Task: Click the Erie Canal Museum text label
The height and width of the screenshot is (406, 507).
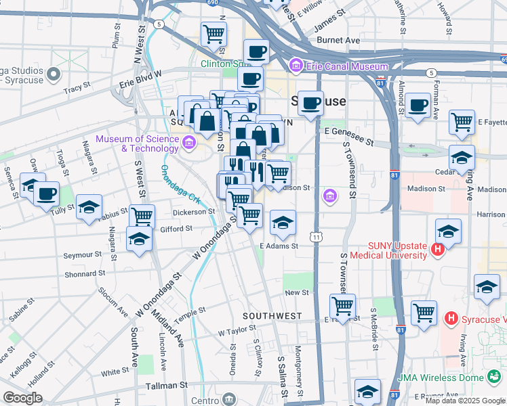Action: click(x=346, y=66)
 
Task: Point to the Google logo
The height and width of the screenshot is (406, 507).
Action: click(x=22, y=397)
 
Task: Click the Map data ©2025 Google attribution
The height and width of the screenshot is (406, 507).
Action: click(x=464, y=401)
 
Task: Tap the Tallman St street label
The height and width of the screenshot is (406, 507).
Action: click(x=166, y=384)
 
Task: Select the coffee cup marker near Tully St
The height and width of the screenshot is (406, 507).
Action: click(x=47, y=194)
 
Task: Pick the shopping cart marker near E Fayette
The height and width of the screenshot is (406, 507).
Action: click(x=462, y=122)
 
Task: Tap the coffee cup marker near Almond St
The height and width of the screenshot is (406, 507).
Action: click(x=418, y=106)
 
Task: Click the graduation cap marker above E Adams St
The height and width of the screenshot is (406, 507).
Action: click(x=283, y=222)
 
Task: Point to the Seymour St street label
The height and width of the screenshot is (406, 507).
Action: click(x=83, y=255)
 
